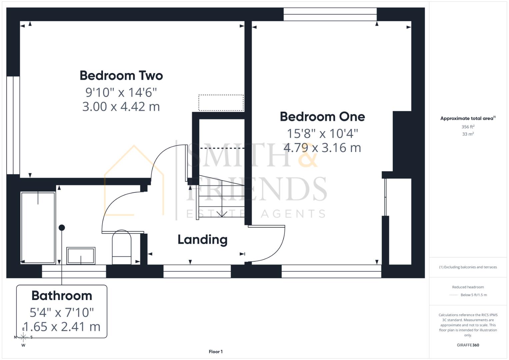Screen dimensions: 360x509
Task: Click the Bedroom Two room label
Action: [121, 76]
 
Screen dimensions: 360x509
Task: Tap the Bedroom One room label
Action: [322, 117]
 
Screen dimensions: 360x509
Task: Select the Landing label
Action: [202, 239]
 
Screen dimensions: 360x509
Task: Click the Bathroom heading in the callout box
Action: [62, 296]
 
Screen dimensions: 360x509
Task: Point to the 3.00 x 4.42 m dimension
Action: [121, 107]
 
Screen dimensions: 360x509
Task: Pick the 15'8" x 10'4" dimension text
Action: [322, 133]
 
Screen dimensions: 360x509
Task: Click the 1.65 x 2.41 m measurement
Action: [62, 327]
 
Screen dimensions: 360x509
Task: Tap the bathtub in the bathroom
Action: [38, 228]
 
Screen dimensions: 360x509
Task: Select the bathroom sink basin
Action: [81, 256]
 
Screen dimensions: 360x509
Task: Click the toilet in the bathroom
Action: [122, 247]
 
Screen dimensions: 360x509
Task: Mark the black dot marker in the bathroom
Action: [62, 228]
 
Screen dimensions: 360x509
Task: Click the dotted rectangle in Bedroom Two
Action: [221, 103]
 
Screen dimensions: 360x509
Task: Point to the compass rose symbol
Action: [23, 337]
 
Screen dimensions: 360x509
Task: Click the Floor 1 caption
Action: [216, 352]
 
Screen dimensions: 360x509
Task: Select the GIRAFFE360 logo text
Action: [468, 345]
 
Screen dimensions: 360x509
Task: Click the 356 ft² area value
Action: [468, 127]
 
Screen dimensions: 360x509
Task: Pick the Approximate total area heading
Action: [468, 118]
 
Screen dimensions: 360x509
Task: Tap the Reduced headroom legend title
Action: [468, 287]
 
